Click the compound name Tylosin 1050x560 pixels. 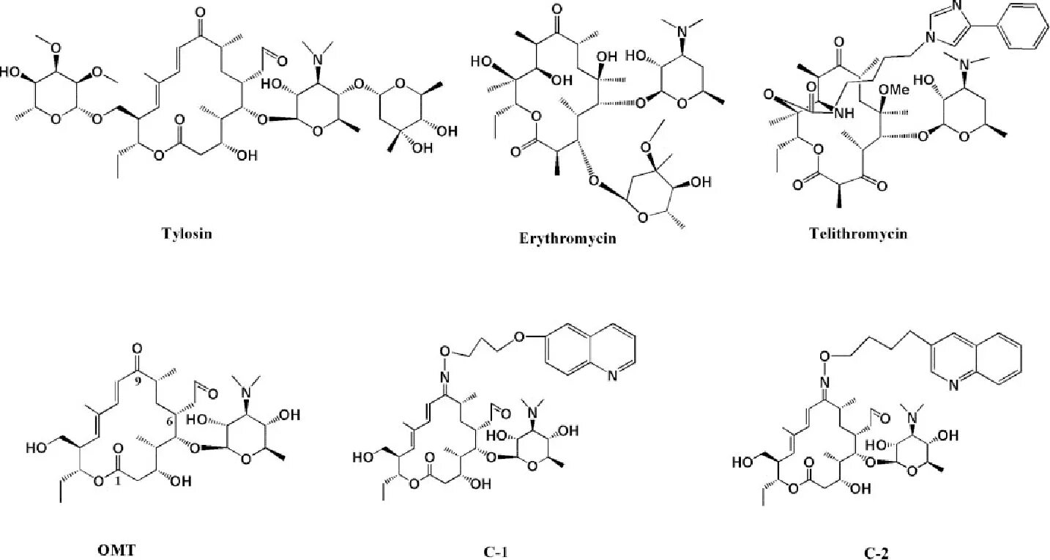point(187,234)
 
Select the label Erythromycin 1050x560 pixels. point(567,237)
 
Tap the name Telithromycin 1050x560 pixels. point(858,234)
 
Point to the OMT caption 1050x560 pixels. point(117,550)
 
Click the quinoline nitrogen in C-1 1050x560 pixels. point(611,375)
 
